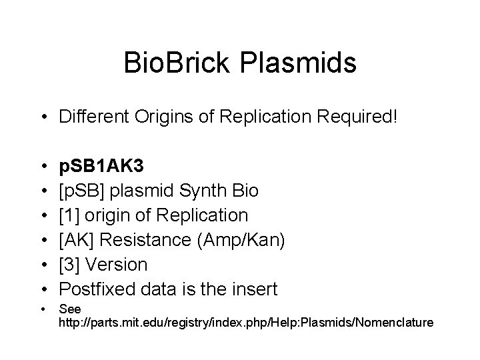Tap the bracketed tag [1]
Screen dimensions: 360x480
[67, 216]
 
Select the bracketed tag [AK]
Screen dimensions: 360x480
[73, 240]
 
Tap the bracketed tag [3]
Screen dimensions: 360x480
[67, 264]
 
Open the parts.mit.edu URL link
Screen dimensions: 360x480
[246, 323]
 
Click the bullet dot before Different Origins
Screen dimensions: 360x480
[42, 118]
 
